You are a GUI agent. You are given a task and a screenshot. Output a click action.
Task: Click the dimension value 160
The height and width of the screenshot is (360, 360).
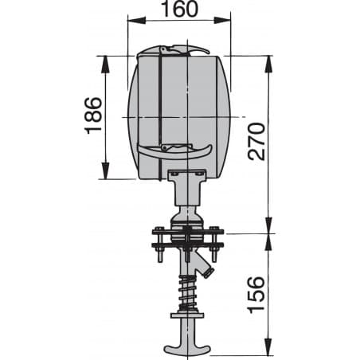coord(178,10)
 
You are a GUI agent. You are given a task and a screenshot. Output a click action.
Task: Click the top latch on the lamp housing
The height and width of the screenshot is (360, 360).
coord(179,51)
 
